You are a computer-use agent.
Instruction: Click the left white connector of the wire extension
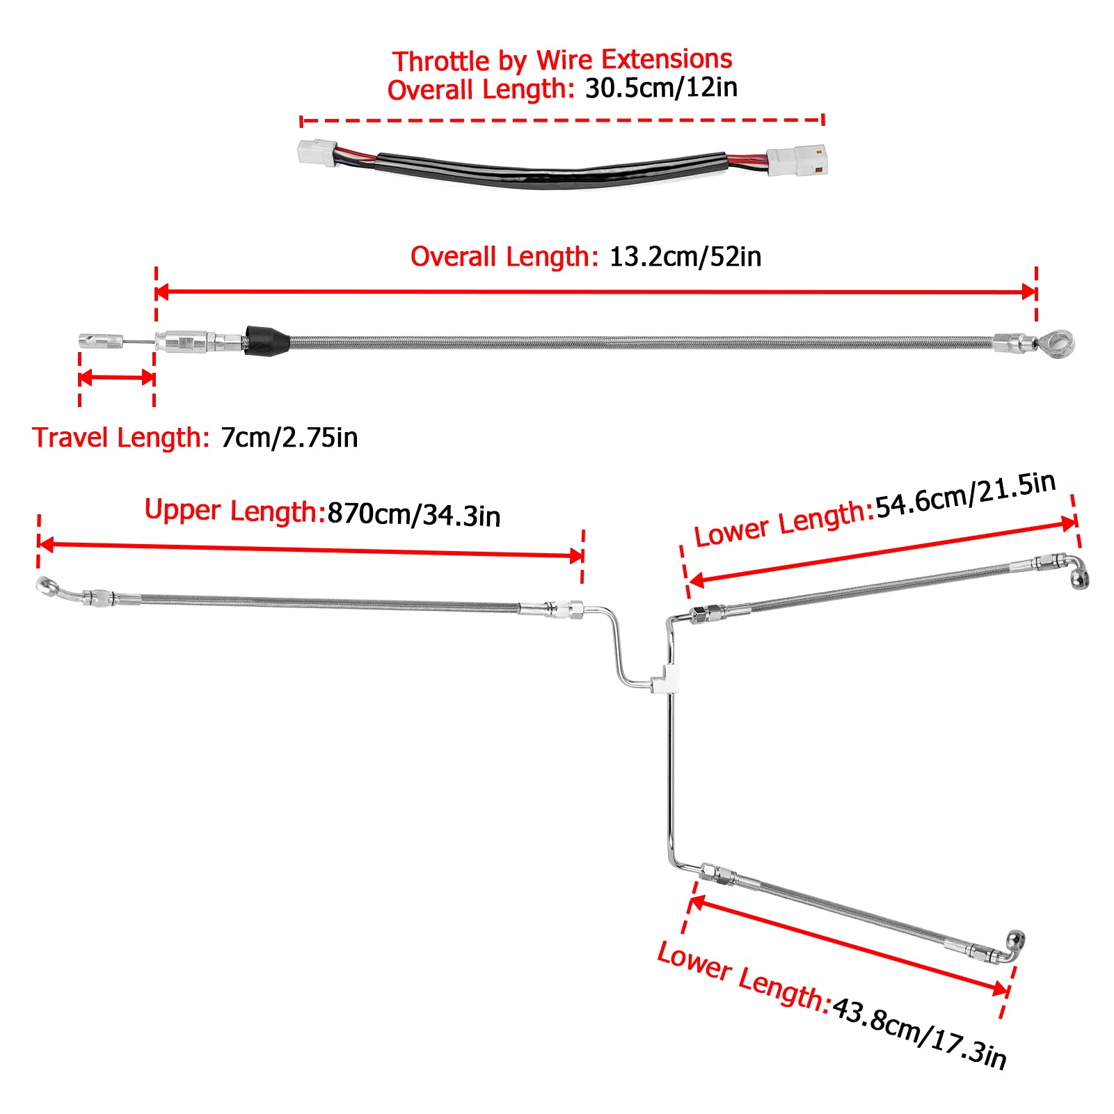pos(317,152)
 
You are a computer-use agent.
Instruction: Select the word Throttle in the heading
pos(441,61)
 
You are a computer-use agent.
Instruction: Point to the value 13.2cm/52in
pos(685,257)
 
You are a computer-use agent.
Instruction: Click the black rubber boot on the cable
pos(266,340)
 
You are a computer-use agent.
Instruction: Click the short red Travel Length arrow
pos(116,378)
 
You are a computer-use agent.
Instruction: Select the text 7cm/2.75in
pos(289,438)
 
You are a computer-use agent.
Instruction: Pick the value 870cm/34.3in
pos(413,515)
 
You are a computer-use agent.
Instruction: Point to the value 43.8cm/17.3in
pos(919,1033)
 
